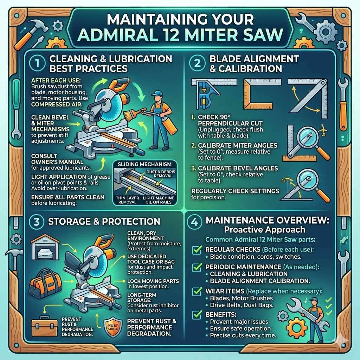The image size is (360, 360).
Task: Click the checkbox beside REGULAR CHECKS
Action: point(195,250)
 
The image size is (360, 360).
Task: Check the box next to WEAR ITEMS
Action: point(195,291)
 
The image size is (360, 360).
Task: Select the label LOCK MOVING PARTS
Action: point(153,281)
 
